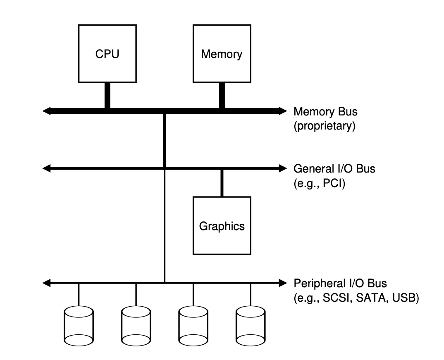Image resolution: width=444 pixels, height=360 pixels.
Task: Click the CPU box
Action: pos(107,53)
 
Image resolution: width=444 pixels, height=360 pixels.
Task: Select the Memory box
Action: pos(222,53)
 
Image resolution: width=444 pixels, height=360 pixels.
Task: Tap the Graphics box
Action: pos(222,226)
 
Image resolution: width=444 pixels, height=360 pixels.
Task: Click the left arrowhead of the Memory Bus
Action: pos(47,111)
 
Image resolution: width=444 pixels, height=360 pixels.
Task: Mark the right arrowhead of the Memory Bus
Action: pos(282,111)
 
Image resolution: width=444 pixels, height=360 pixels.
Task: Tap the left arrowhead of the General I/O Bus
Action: pos(47,168)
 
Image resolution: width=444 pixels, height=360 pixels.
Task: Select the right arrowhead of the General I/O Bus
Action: pos(282,168)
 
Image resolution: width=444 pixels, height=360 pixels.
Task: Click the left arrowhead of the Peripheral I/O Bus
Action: pos(47,283)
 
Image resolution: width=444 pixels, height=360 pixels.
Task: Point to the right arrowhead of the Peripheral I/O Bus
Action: pos(282,283)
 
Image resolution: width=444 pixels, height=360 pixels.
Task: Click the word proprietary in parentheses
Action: pos(325,126)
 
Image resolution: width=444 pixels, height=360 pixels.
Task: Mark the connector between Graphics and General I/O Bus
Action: pos(222,182)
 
